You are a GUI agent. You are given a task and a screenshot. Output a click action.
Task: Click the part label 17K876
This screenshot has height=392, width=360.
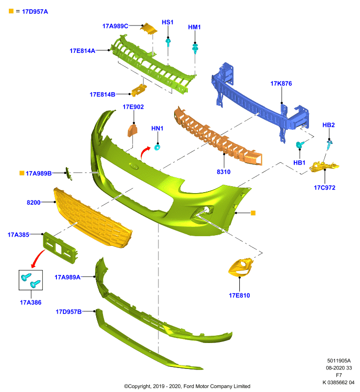click(x=281, y=83)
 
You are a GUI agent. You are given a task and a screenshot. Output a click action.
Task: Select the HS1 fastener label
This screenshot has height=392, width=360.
click(x=167, y=22)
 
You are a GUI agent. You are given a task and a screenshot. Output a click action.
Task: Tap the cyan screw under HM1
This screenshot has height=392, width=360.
click(x=195, y=48)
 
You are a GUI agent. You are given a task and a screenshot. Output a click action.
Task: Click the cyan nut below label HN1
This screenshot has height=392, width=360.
click(x=157, y=147)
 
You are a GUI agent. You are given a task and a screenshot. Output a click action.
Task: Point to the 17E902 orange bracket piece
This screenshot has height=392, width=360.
click(x=132, y=130)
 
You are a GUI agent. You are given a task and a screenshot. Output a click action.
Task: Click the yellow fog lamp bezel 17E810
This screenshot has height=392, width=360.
click(x=240, y=268)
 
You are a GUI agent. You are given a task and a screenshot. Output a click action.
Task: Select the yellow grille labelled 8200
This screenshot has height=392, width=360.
click(x=93, y=218)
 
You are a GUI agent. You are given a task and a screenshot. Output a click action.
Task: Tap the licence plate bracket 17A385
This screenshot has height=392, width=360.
click(x=60, y=248)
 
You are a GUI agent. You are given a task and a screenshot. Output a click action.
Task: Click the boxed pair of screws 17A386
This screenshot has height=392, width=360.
click(x=30, y=280)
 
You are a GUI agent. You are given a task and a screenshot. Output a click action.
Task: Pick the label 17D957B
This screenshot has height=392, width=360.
click(x=68, y=312)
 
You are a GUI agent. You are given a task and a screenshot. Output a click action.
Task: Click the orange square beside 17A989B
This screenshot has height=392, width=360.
click(x=22, y=173)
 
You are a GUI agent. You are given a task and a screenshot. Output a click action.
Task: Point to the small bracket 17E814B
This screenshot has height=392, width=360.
click(x=139, y=90)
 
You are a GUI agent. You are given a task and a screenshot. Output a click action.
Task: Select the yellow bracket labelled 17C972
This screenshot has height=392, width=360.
click(x=324, y=167)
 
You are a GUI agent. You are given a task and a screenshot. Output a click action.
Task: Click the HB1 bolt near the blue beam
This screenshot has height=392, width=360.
click(x=300, y=145)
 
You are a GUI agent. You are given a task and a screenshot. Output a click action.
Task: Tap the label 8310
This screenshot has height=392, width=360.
click(x=223, y=172)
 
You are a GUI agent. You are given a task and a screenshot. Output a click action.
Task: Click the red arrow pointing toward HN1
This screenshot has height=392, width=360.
click(x=145, y=152)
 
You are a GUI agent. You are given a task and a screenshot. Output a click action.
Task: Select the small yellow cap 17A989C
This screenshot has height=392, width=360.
click(x=149, y=29)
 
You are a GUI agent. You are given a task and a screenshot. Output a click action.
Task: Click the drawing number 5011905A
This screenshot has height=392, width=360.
click(x=339, y=361)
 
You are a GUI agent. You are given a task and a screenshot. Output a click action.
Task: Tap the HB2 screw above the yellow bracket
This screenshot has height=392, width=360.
click(x=329, y=145)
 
